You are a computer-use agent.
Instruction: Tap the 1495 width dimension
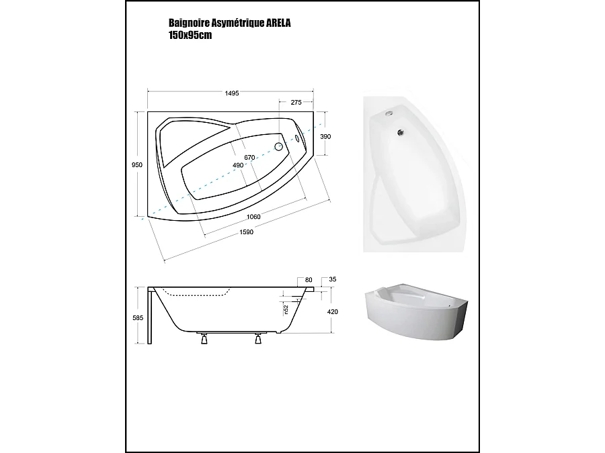(x=231, y=93)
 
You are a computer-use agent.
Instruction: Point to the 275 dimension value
(x=295, y=103)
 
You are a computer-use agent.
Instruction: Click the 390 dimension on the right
(x=325, y=136)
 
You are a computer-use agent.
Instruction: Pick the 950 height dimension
(x=136, y=165)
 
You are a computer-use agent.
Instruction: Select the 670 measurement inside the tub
(x=249, y=157)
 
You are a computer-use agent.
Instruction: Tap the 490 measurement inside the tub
(x=238, y=166)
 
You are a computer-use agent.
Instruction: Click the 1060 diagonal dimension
(x=253, y=216)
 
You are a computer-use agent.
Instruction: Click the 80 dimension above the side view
(x=309, y=279)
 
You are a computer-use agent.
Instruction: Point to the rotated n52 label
(x=284, y=310)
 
